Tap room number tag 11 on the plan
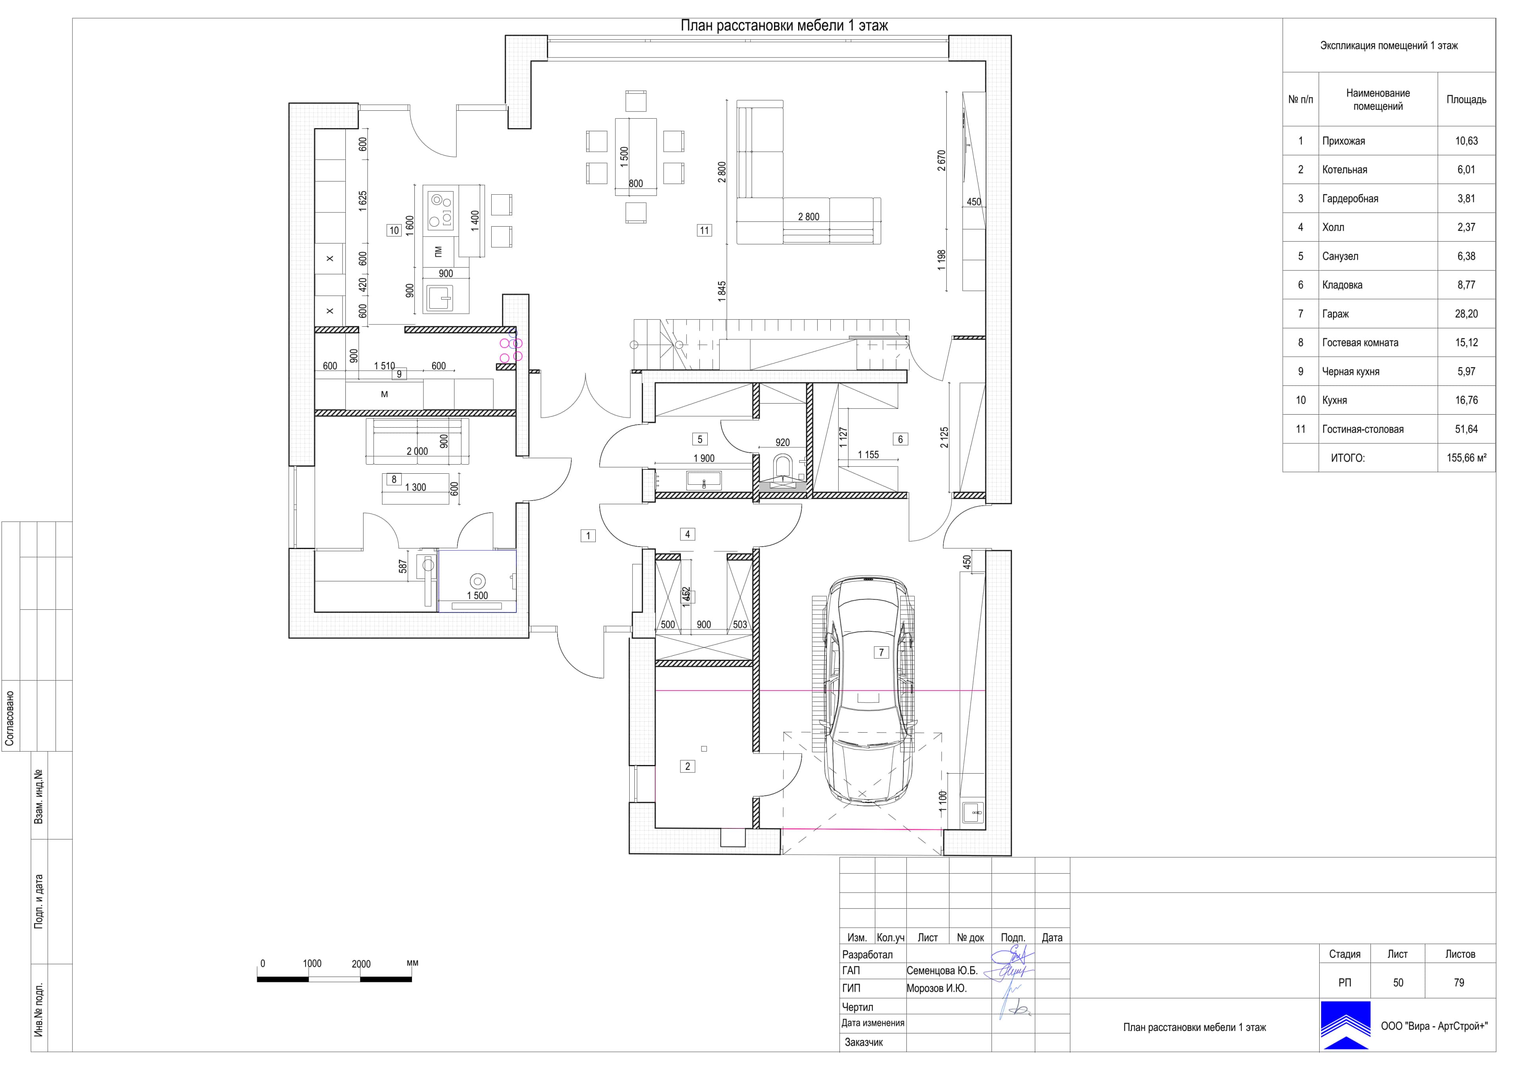click(x=704, y=230)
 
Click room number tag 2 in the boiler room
click(x=688, y=766)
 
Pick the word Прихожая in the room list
click(x=1343, y=141)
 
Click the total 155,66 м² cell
click(x=1467, y=458)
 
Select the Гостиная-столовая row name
click(x=1362, y=429)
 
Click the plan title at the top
click(x=784, y=26)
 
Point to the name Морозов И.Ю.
click(x=936, y=988)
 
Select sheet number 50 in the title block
click(x=1398, y=983)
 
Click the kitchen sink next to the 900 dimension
click(x=440, y=298)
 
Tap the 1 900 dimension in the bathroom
click(x=704, y=459)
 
